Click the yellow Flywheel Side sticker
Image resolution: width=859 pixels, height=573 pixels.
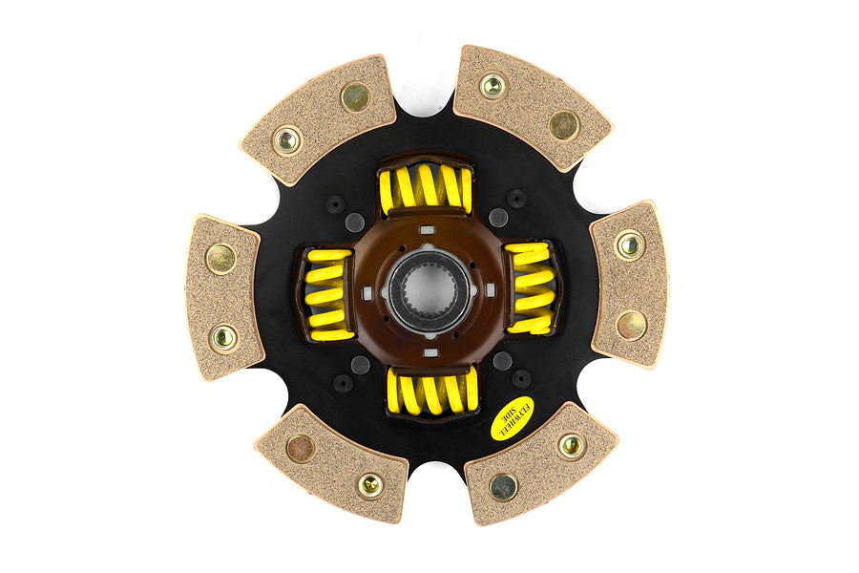pos(512,418)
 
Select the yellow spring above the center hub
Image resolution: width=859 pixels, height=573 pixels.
pos(425,188)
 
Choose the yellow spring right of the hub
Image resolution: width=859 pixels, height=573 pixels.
pos(530,286)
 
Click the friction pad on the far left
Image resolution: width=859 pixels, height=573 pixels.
pos(223,297)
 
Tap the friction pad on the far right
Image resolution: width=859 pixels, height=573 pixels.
pos(628,284)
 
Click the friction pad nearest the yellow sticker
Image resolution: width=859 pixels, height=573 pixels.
pos(539,461)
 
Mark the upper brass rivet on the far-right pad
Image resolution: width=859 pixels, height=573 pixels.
pos(629,244)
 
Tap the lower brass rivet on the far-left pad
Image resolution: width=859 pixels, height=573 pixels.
pos(224,337)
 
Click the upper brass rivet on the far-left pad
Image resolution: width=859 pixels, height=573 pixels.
pos(220,257)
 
